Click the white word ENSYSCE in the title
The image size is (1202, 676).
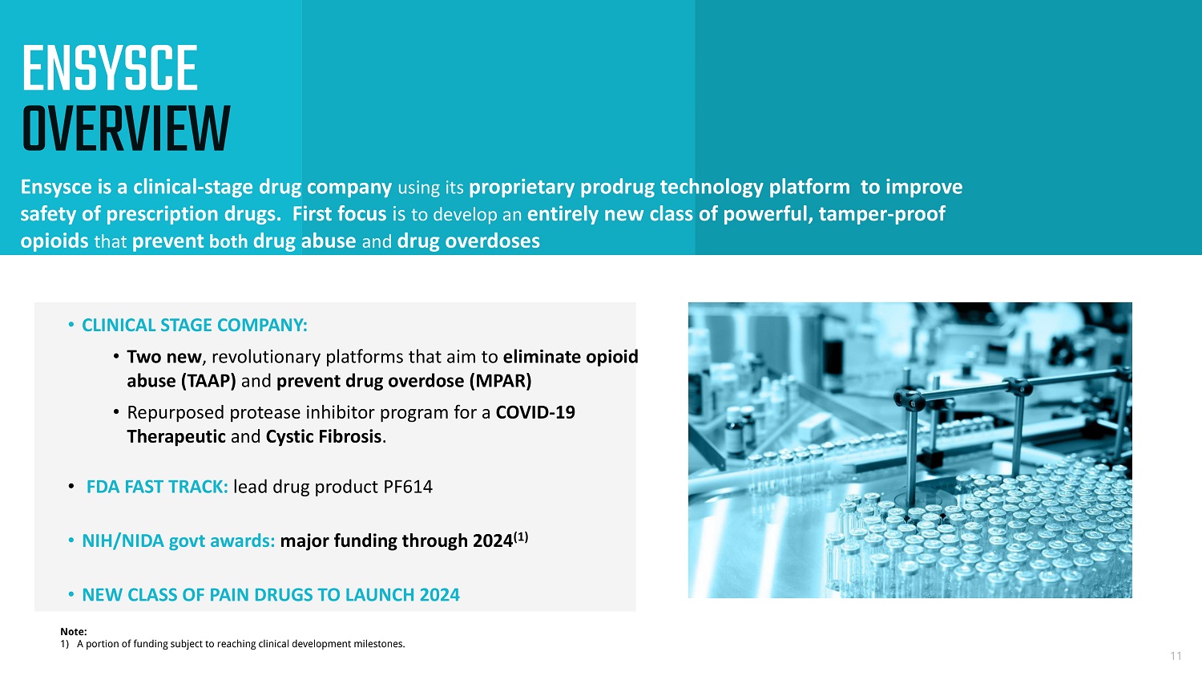tap(110, 68)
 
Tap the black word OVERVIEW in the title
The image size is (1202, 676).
tap(126, 129)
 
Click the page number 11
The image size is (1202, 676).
tap(1176, 656)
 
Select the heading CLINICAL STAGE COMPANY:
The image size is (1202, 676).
tap(194, 325)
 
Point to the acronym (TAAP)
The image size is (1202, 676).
tap(208, 381)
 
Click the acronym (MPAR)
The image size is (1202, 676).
tap(500, 381)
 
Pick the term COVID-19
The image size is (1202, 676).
tap(535, 412)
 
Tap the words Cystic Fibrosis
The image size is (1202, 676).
tap(324, 436)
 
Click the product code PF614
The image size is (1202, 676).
tap(407, 487)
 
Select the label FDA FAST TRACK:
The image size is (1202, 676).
tap(157, 487)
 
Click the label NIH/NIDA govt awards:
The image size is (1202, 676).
tap(178, 540)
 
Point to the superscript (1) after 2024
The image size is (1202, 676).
tap(521, 536)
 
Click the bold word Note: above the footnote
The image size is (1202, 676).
tap(74, 631)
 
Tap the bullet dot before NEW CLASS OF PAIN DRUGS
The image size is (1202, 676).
tap(71, 594)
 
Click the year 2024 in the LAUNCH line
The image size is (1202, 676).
tap(439, 595)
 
